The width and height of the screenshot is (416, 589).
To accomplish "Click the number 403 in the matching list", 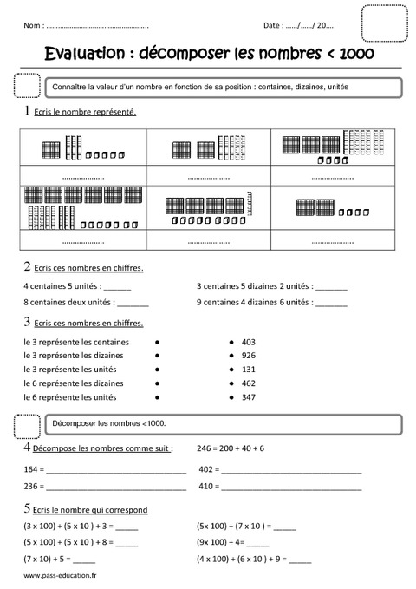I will [x=250, y=342].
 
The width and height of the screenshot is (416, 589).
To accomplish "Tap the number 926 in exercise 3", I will [x=250, y=356].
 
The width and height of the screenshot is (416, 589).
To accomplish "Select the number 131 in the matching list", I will [x=250, y=370].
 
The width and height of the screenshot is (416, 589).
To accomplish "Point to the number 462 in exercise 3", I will [x=250, y=383].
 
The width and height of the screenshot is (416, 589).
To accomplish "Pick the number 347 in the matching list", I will [x=250, y=397].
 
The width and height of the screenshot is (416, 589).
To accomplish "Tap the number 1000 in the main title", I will [x=354, y=55].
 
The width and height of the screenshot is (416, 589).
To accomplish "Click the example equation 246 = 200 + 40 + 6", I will [x=231, y=448].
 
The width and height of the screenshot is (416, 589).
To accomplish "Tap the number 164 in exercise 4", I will [x=31, y=469].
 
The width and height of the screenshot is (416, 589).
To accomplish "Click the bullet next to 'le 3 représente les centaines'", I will [x=156, y=342].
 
